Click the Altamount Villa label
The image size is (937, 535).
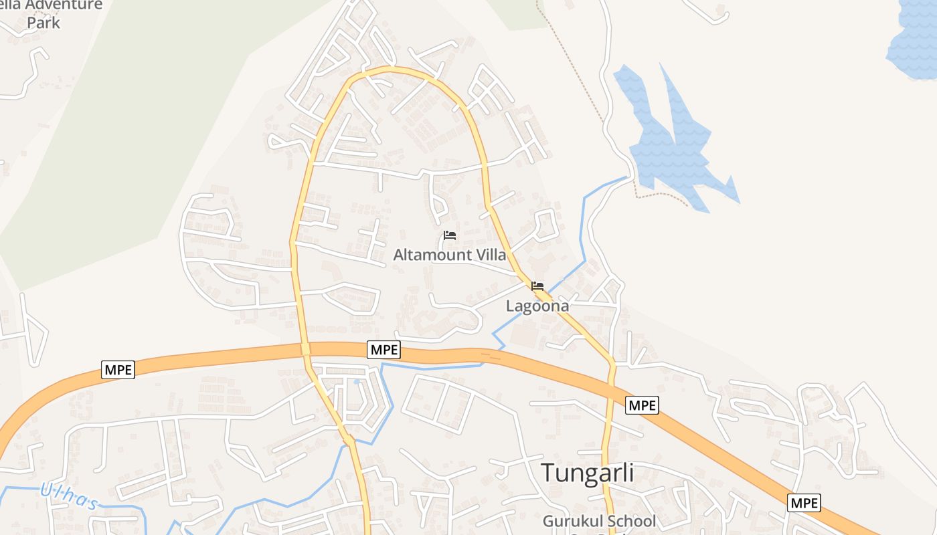click(450, 255)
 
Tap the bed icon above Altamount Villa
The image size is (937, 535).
click(450, 235)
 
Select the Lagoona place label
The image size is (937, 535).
click(537, 306)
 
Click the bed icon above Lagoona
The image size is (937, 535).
click(537, 286)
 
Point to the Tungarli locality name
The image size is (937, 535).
click(587, 472)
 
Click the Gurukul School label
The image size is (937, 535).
click(599, 521)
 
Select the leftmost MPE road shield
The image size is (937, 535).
click(118, 369)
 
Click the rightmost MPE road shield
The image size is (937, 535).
click(804, 503)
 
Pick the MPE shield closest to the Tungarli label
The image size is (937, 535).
click(643, 405)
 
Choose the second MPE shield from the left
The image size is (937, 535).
click(384, 349)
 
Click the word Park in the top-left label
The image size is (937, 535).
click(44, 22)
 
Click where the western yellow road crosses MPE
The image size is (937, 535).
click(305, 349)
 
